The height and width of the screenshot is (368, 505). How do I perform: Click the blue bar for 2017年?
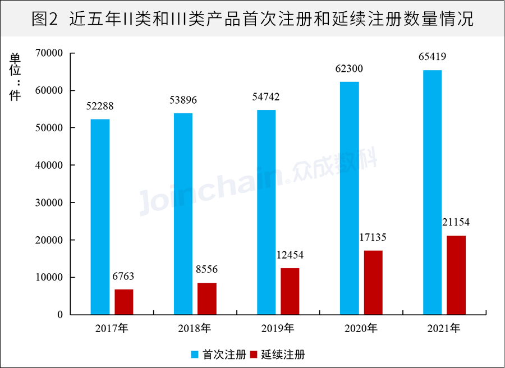click(100, 217)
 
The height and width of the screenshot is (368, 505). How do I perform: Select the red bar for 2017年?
click(124, 302)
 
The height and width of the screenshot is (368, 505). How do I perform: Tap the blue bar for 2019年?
click(267, 212)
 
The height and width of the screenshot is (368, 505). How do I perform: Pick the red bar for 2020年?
click(373, 282)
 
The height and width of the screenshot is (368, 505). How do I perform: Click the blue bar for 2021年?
click(433, 192)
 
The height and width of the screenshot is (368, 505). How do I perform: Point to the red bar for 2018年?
click(207, 298)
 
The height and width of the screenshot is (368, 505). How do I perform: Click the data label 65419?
click(432, 57)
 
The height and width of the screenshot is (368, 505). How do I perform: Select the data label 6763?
click(123, 276)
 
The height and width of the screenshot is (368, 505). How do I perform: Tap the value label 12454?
click(290, 255)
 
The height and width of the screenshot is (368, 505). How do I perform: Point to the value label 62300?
click(349, 69)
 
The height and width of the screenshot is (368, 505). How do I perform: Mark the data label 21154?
click(456, 223)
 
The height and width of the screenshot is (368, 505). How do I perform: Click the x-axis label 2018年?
click(196, 328)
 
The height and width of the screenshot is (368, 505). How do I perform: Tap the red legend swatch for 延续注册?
click(252, 355)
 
